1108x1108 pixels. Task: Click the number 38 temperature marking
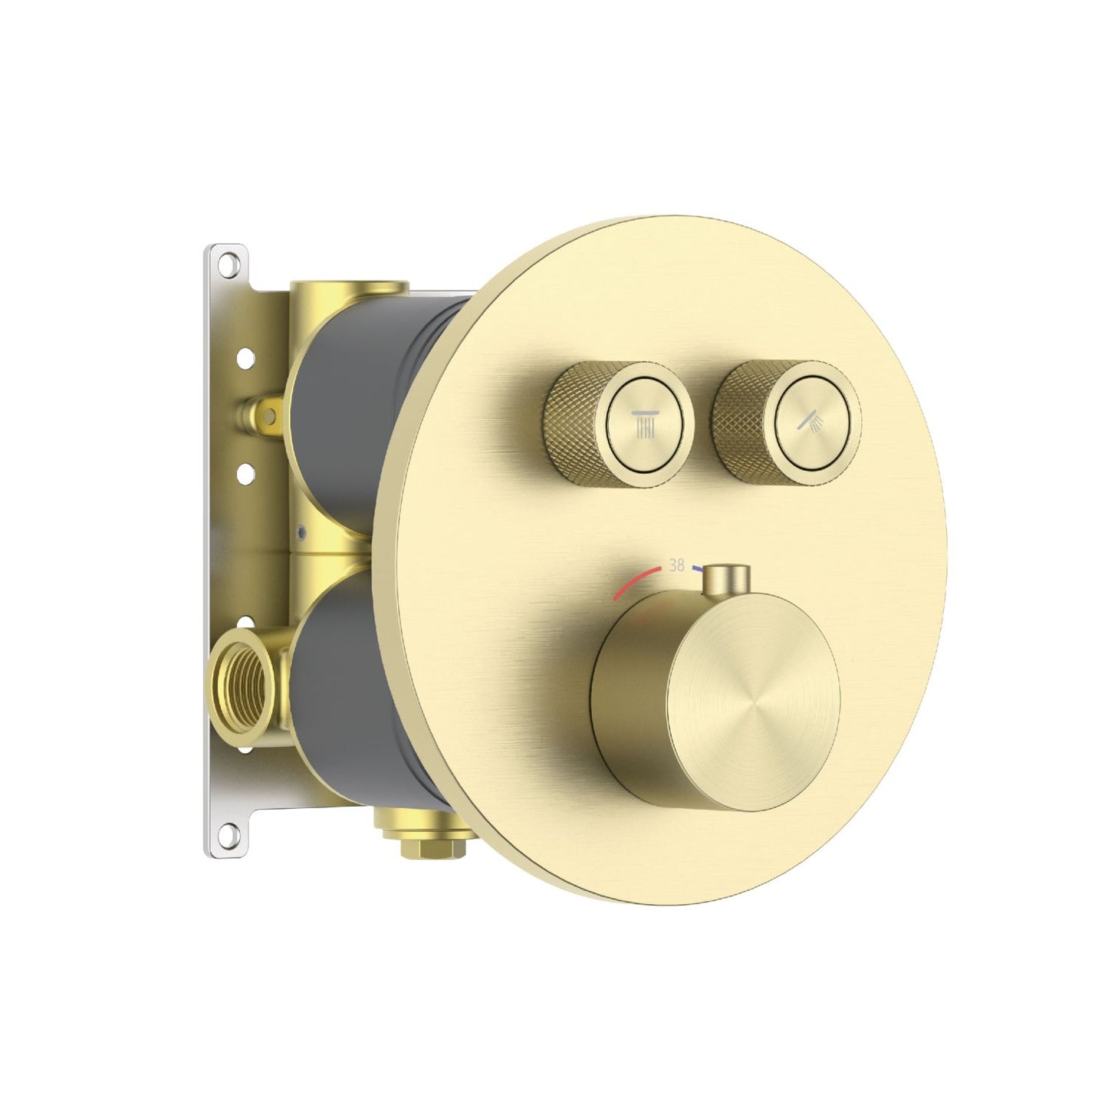[x=676, y=565]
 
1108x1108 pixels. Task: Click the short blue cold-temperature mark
[x=698, y=569]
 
